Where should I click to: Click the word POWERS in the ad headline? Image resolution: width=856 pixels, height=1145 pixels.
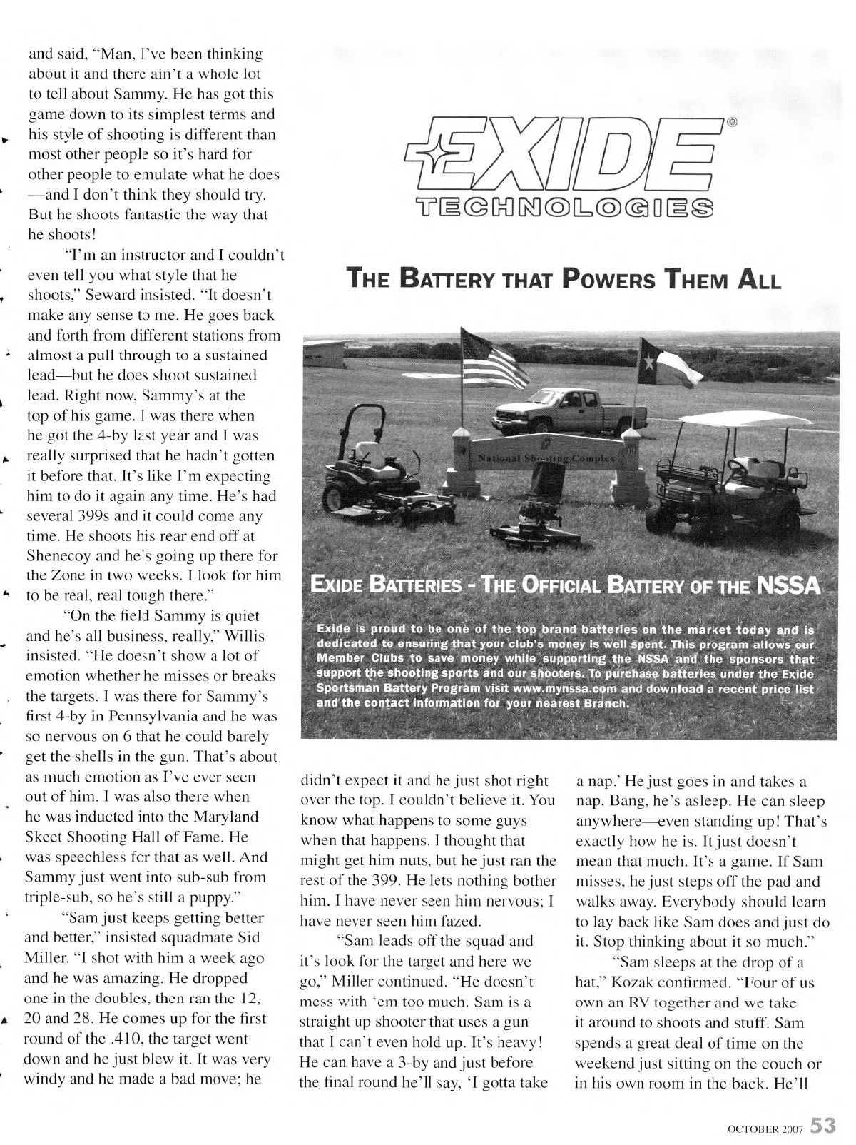coord(613,278)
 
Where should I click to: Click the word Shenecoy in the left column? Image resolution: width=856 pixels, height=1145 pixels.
coord(63,555)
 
